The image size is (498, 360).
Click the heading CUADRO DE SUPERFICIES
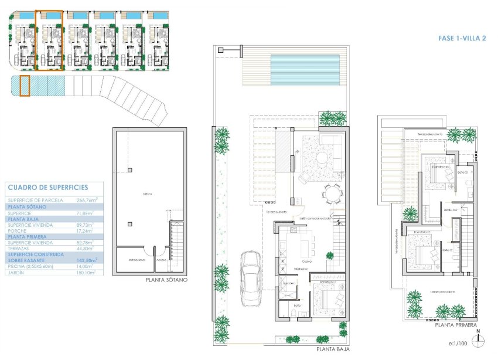[x=48, y=188]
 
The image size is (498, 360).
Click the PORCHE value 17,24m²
[x=87, y=230]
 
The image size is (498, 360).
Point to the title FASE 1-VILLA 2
[x=462, y=38]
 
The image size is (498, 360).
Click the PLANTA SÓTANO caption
[x=166, y=281]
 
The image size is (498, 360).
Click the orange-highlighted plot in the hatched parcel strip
[x=25, y=86]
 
